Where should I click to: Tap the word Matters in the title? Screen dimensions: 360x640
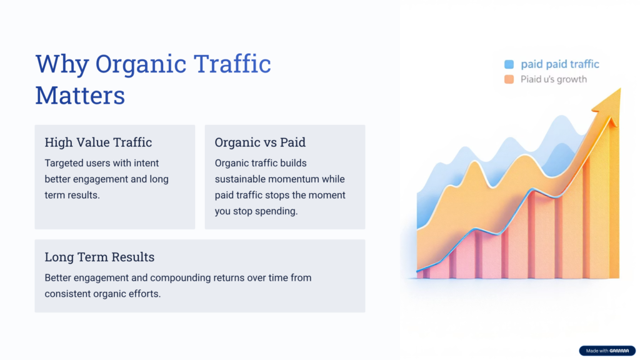(x=80, y=96)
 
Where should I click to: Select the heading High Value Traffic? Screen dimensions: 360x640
(x=98, y=142)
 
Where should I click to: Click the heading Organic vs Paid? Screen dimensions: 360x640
(x=260, y=142)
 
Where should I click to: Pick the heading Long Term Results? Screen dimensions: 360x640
(x=99, y=257)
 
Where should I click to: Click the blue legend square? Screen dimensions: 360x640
(x=509, y=64)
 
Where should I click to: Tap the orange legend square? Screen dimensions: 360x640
(x=509, y=79)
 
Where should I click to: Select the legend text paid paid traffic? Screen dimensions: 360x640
(x=559, y=64)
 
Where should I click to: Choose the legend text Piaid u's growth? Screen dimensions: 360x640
(x=553, y=79)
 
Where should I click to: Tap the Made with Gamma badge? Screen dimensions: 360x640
(x=607, y=351)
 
